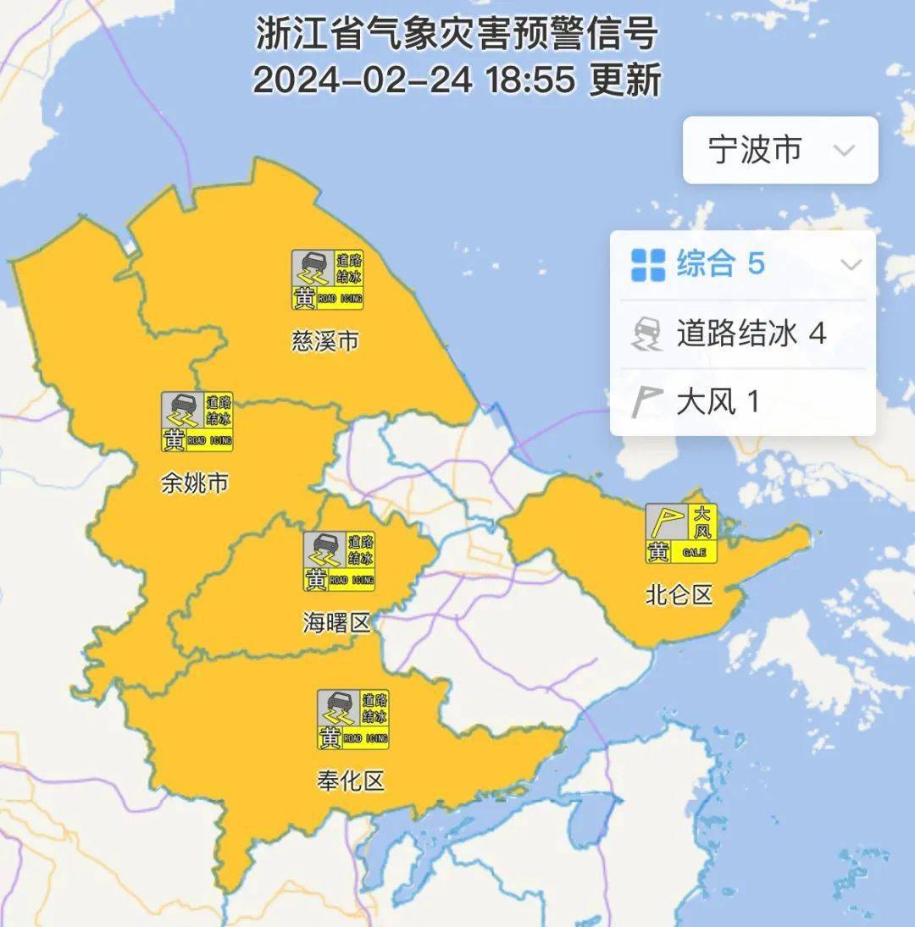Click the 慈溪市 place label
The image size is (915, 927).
point(325,341)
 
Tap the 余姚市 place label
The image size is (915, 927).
point(195,483)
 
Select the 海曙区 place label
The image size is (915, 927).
point(337,624)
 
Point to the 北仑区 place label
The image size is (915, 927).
point(679,595)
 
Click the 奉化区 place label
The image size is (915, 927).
point(351,780)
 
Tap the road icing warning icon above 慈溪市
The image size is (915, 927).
point(328,280)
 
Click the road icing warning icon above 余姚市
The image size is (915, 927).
point(197,422)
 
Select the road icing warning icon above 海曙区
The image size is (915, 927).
point(339,561)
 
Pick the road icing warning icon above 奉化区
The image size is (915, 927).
point(353,720)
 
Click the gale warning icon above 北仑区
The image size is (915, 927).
point(681,533)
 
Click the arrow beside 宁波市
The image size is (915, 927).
point(844,151)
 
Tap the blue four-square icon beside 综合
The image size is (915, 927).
point(648,265)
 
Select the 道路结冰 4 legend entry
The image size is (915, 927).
point(751,334)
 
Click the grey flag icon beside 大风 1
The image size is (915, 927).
point(646,401)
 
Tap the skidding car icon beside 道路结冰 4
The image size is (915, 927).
point(648,334)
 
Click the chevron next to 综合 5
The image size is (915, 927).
point(851,265)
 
